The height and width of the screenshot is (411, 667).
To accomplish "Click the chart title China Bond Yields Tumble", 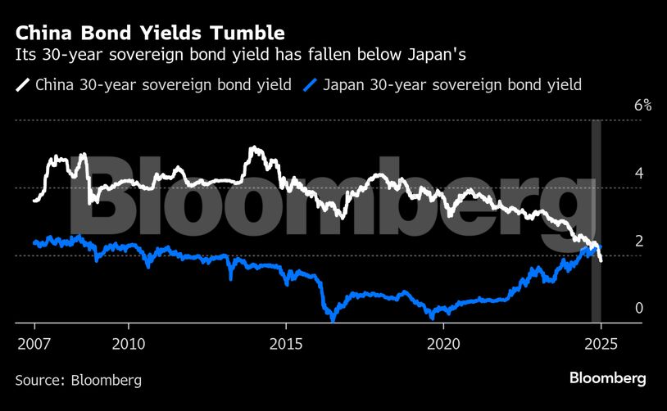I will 150,34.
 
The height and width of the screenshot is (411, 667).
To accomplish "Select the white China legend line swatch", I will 22,84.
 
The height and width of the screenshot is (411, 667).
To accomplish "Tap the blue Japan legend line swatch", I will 311,84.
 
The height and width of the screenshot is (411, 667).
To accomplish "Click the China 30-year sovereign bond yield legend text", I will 164,84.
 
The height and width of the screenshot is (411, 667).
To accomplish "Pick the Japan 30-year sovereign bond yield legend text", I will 452,84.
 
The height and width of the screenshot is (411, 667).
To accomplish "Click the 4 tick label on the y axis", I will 638,174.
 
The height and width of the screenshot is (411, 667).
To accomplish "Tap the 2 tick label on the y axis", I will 638,241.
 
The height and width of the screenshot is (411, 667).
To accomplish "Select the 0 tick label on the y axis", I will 638,308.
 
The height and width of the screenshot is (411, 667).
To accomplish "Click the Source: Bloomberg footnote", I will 79,380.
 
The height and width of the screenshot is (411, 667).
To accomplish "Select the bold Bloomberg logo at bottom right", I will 608,378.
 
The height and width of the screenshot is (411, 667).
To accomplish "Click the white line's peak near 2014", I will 254,148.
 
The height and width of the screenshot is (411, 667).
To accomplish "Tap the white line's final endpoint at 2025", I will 601,260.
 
